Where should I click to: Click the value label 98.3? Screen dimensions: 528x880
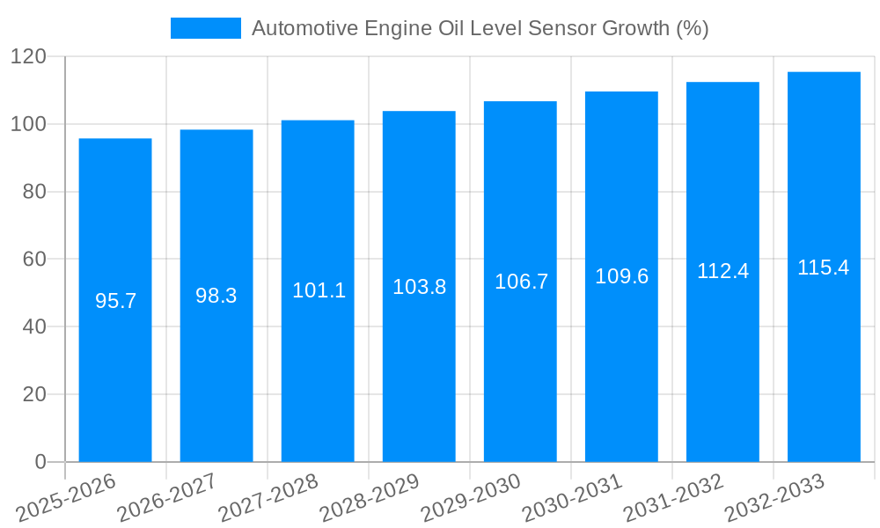tap(216, 296)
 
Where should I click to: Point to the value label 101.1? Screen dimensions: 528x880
tap(319, 290)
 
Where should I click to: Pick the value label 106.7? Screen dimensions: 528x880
tap(521, 282)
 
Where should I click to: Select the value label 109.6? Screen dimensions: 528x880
tap(622, 276)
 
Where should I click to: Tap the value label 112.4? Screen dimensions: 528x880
tap(722, 271)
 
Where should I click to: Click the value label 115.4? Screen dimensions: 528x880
tap(824, 268)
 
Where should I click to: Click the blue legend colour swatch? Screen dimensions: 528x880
tap(205, 28)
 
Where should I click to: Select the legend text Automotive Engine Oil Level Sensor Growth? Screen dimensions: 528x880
tap(480, 28)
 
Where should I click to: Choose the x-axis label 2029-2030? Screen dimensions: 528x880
tap(472, 497)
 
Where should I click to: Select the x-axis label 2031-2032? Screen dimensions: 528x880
tap(673, 497)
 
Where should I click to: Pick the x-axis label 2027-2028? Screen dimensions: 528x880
tap(269, 497)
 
